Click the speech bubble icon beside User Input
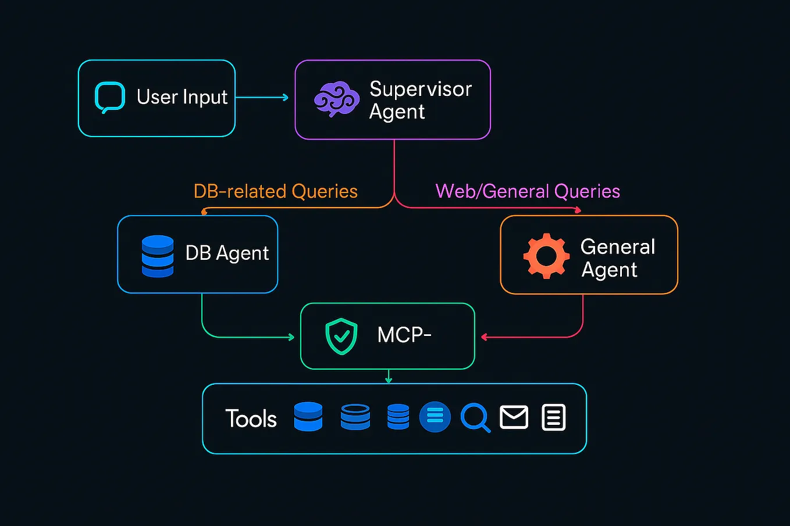pyautogui.click(x=110, y=97)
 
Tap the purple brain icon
pyautogui.click(x=336, y=99)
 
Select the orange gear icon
pyautogui.click(x=546, y=256)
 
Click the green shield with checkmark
pyautogui.click(x=341, y=336)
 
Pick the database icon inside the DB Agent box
pyautogui.click(x=158, y=256)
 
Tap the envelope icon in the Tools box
pyautogui.click(x=514, y=417)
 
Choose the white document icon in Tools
pyautogui.click(x=553, y=417)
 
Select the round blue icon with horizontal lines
pyautogui.click(x=435, y=417)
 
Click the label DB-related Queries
pyautogui.click(x=275, y=191)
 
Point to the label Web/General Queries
pyautogui.click(x=528, y=191)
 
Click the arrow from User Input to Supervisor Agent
pyautogui.click(x=262, y=97)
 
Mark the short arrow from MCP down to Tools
pyautogui.click(x=389, y=377)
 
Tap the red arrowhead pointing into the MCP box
pyautogui.click(x=484, y=337)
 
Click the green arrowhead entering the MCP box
pyautogui.click(x=291, y=337)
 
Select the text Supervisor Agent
pyautogui.click(x=420, y=100)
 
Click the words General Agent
pyautogui.click(x=617, y=258)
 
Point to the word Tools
pyautogui.click(x=251, y=418)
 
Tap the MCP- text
pyautogui.click(x=404, y=335)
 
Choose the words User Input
pyautogui.click(x=182, y=97)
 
